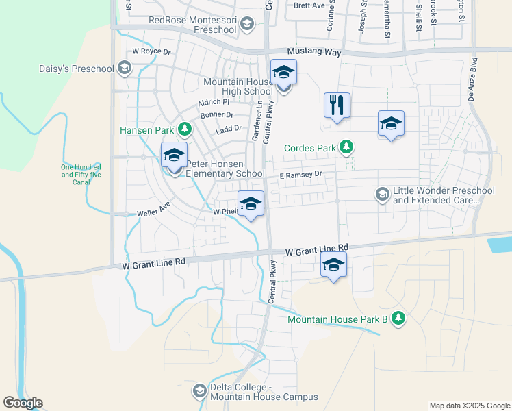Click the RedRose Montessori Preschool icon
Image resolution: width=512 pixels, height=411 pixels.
(x=246, y=25)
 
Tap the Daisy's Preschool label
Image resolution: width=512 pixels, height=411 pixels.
(x=85, y=68)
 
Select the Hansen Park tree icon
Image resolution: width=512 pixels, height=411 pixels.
(x=184, y=129)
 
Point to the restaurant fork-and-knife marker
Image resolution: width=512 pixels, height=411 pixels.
(x=337, y=105)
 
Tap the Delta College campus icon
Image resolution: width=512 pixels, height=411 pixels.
(x=200, y=391)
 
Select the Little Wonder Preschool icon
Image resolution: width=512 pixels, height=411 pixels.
(x=382, y=195)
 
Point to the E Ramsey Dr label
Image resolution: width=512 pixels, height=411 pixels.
(x=300, y=175)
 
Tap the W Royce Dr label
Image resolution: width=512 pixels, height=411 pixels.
(x=151, y=51)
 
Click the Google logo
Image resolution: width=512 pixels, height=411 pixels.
(x=22, y=403)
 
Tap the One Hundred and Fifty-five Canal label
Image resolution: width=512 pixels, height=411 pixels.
(x=80, y=174)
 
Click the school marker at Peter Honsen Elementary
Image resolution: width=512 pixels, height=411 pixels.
(x=174, y=155)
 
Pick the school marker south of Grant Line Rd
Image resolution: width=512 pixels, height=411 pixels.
(x=333, y=264)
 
